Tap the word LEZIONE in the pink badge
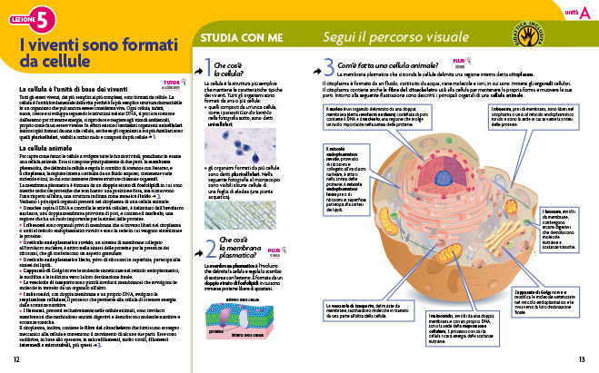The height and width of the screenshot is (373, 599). point(21,17)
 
